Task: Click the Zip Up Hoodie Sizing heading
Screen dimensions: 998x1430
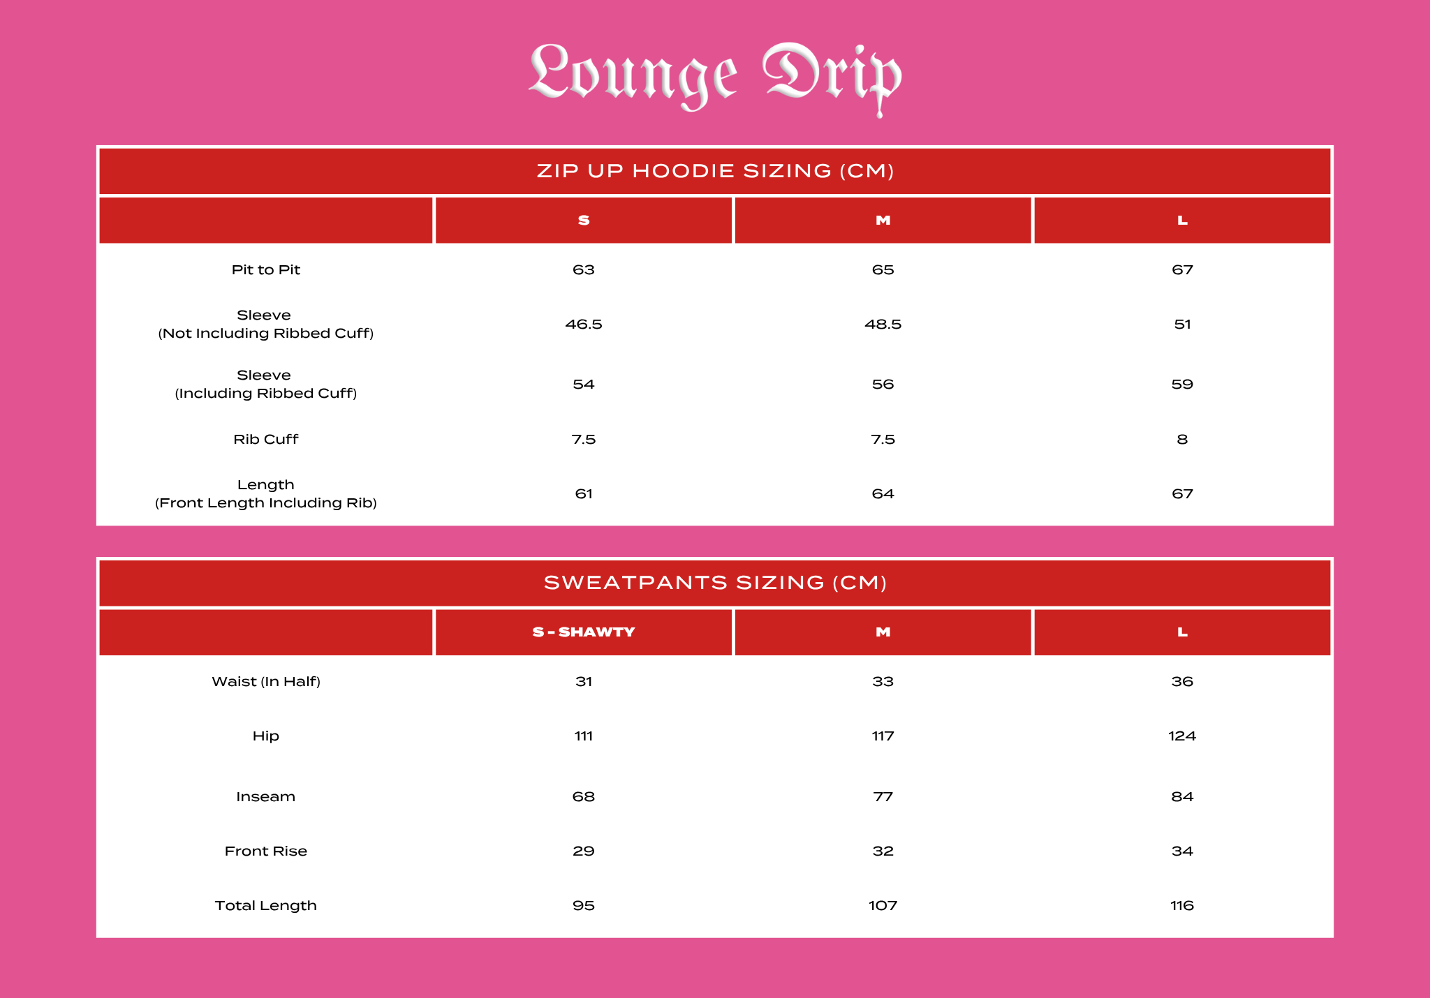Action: [x=715, y=171]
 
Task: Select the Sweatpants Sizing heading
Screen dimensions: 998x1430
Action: [x=715, y=583]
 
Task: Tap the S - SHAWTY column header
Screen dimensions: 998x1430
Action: [x=584, y=632]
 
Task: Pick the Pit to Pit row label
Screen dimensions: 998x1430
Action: [x=265, y=270]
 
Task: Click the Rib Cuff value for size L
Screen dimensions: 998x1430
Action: [x=1181, y=440]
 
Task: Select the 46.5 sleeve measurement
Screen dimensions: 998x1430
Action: [x=584, y=325]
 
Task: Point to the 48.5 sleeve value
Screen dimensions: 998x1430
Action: [x=883, y=325]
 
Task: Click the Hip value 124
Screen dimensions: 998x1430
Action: [x=1181, y=736]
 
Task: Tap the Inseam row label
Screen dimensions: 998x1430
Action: [x=265, y=797]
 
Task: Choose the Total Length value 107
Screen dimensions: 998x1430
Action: [x=883, y=906]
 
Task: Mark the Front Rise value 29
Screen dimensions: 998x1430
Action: [x=584, y=851]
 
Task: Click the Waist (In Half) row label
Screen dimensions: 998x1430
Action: [x=265, y=682]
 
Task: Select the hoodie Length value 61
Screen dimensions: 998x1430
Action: [x=584, y=494]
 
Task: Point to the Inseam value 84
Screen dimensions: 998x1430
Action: [x=1181, y=797]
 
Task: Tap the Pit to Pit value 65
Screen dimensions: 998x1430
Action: [x=883, y=270]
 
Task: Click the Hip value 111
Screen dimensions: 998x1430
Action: [x=584, y=736]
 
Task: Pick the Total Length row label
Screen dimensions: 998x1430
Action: [x=265, y=906]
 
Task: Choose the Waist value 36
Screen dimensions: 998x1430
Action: [x=1181, y=682]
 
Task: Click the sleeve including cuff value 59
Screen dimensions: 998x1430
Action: [x=1181, y=385]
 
